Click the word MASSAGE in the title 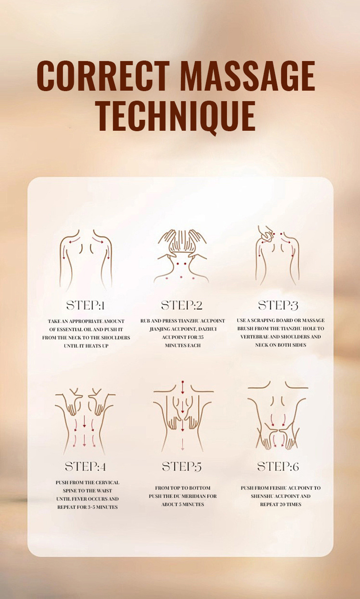click(x=247, y=76)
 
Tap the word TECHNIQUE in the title click(x=177, y=116)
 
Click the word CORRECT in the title click(x=103, y=76)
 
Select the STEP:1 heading click(x=85, y=305)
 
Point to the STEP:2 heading click(x=182, y=305)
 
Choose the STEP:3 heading click(x=278, y=305)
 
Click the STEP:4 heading click(x=85, y=466)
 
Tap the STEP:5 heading click(x=182, y=466)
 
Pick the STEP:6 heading click(x=278, y=466)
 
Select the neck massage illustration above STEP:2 click(x=182, y=256)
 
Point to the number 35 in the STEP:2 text click(x=201, y=337)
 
